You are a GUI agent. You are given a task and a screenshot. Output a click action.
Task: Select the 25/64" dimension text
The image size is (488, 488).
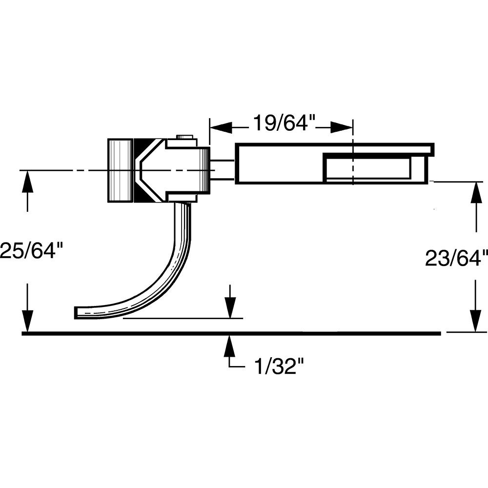[x=31, y=251]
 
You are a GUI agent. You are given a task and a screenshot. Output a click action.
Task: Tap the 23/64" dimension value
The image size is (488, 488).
[x=456, y=258]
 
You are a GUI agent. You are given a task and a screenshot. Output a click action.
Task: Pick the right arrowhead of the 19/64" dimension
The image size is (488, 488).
[x=342, y=128]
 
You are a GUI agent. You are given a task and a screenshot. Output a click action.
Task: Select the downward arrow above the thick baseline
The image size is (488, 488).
[x=230, y=307]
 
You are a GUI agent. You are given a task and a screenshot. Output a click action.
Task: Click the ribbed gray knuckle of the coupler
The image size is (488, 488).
[x=120, y=170]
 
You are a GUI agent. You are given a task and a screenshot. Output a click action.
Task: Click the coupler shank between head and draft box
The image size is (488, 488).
[x=223, y=170]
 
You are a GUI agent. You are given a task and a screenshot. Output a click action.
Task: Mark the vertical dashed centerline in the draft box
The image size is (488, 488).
[x=352, y=161]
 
